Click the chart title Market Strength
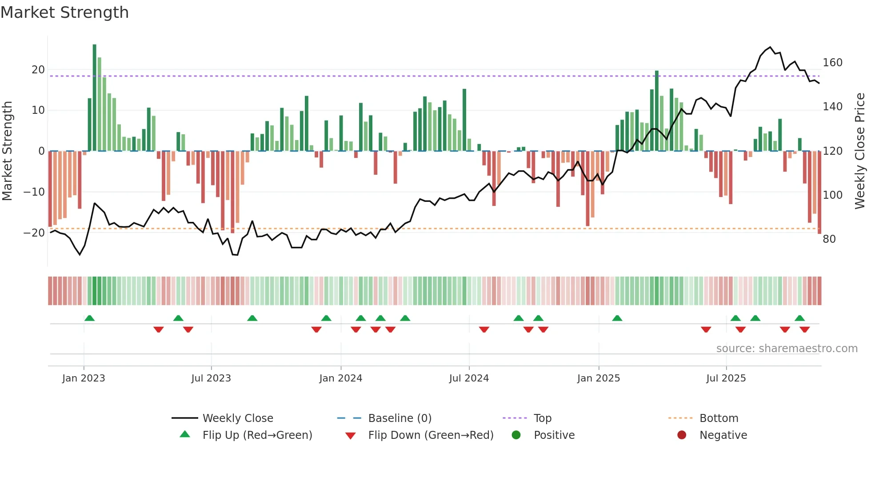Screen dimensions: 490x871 [64, 12]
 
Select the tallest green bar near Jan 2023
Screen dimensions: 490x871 [94, 97]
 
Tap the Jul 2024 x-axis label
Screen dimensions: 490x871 [469, 378]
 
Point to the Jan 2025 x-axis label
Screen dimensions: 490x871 [598, 378]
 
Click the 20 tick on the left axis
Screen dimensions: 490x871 [38, 70]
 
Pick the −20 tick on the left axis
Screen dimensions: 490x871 [34, 233]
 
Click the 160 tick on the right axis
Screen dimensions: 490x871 [832, 63]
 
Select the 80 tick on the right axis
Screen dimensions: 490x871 [829, 239]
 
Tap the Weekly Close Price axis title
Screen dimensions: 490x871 [860, 151]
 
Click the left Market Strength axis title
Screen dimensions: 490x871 [8, 151]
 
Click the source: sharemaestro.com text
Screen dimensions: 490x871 [787, 349]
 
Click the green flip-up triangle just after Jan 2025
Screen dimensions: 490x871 [617, 318]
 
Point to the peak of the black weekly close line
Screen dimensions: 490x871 [771, 47]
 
